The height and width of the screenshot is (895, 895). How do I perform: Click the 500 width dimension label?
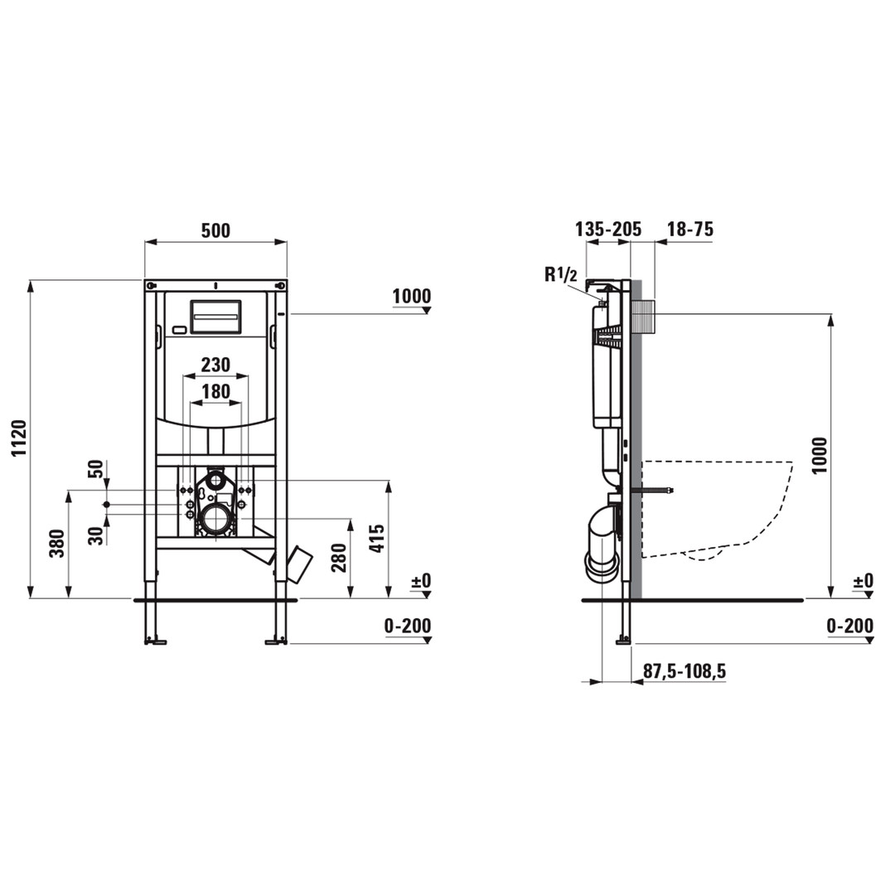pos(215,230)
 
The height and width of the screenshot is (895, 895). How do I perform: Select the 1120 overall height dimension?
pos(19,438)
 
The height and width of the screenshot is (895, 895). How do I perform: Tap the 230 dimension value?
pos(215,364)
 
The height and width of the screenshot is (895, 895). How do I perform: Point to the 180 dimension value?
pos(215,391)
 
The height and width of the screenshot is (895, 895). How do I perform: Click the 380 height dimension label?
pos(57,544)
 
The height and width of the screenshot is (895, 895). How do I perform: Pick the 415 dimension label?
pos(377,539)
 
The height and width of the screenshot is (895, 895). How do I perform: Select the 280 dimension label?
pos(339,558)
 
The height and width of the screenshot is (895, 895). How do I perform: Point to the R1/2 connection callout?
pos(560,274)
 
